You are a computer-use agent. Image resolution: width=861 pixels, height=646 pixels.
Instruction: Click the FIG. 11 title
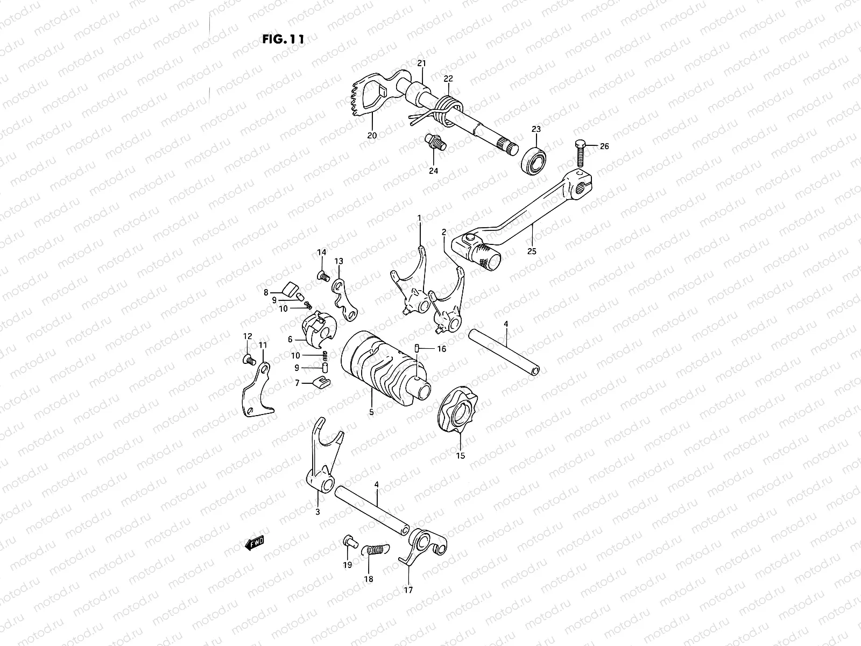[283, 39]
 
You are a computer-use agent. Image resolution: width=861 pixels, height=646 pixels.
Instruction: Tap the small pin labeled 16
[418, 349]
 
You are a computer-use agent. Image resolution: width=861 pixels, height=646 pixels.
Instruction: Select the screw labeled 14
[324, 276]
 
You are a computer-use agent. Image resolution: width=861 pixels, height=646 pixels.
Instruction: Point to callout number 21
[421, 64]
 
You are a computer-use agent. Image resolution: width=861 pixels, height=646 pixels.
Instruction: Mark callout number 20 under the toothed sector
[371, 135]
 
